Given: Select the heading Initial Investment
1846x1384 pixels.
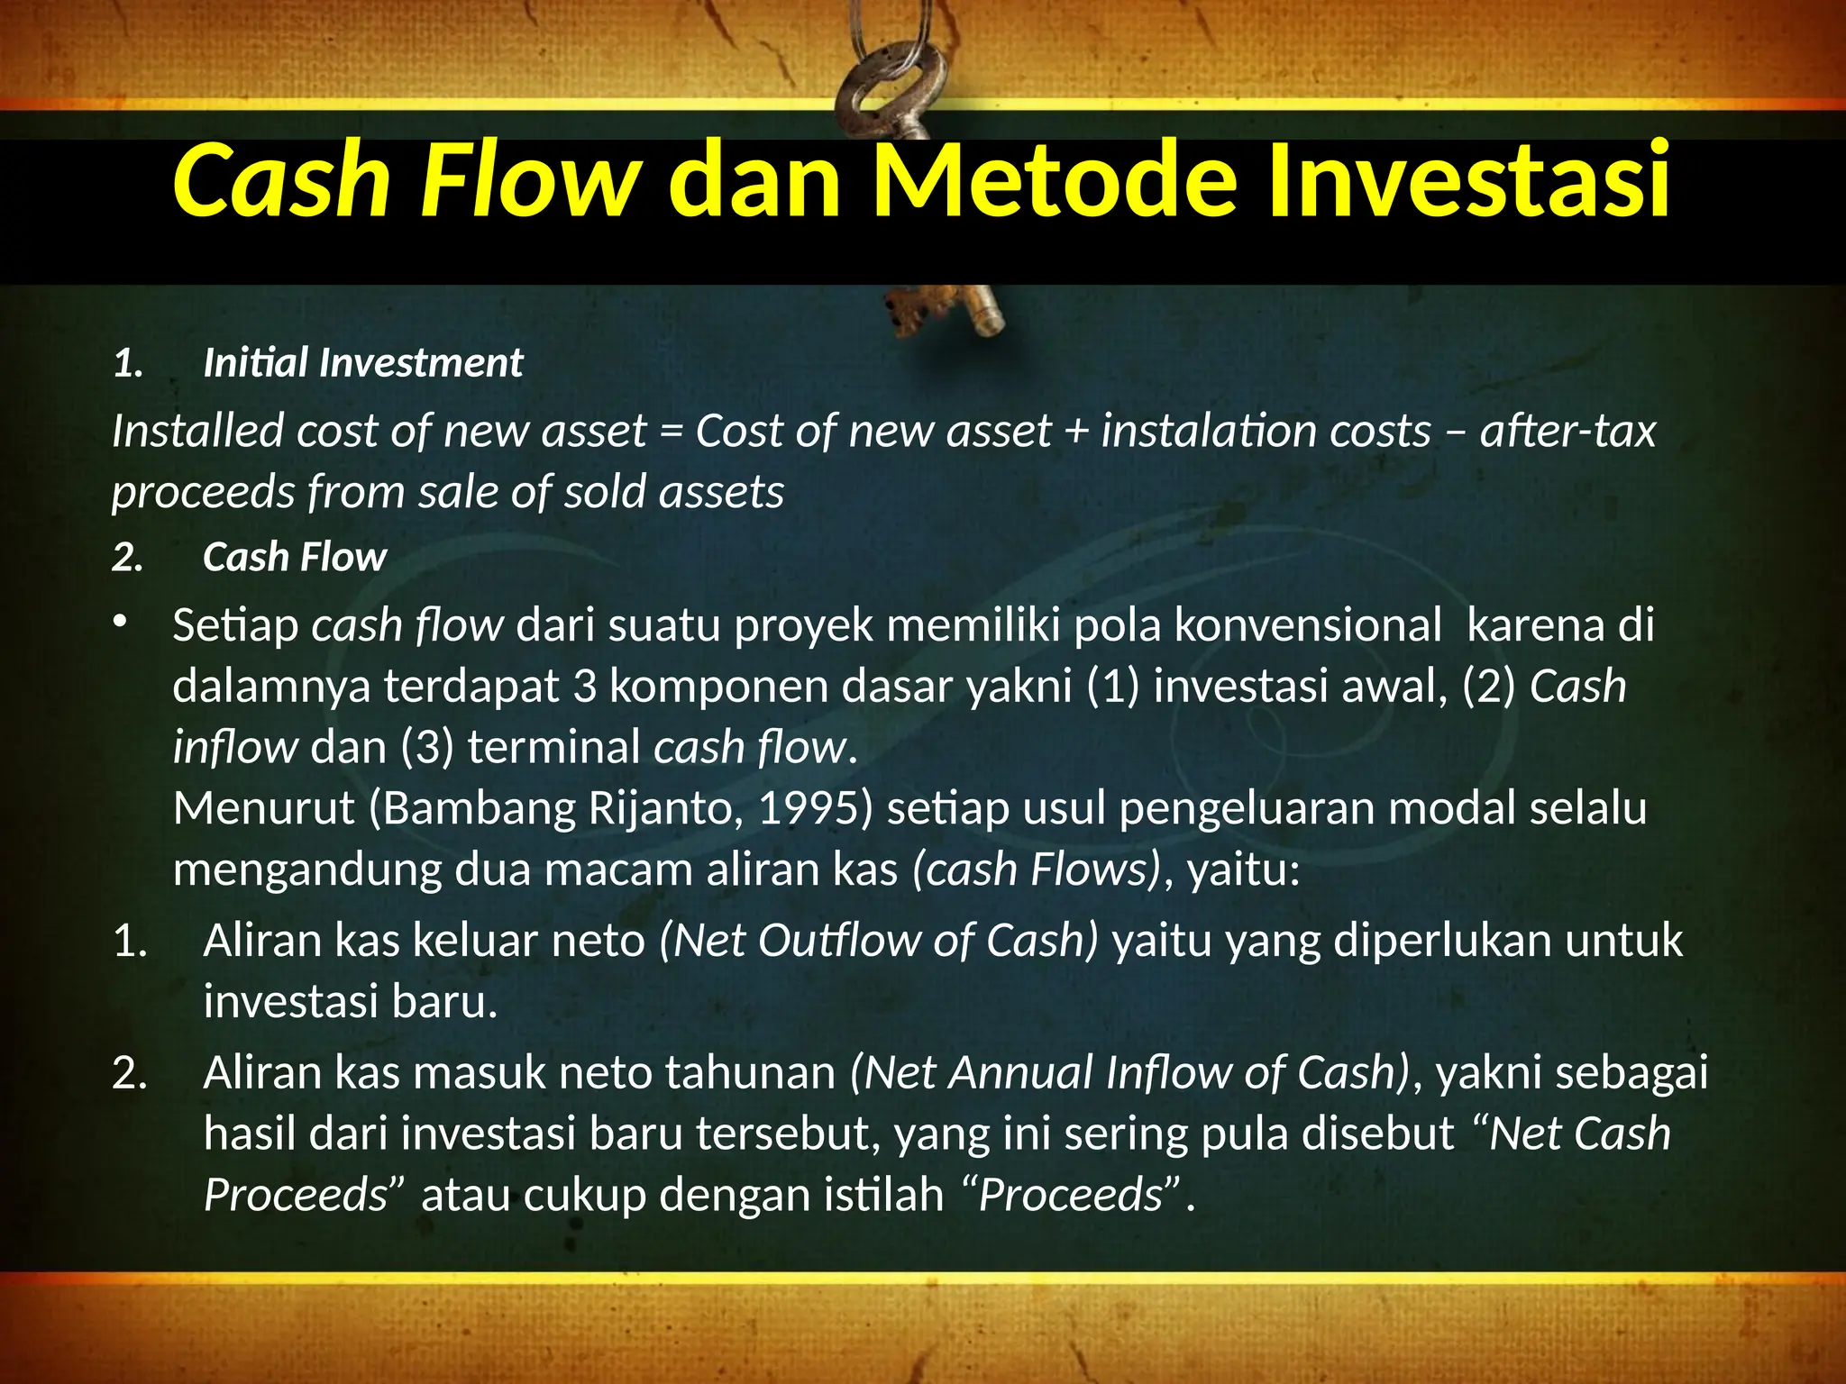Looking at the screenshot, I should [362, 363].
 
